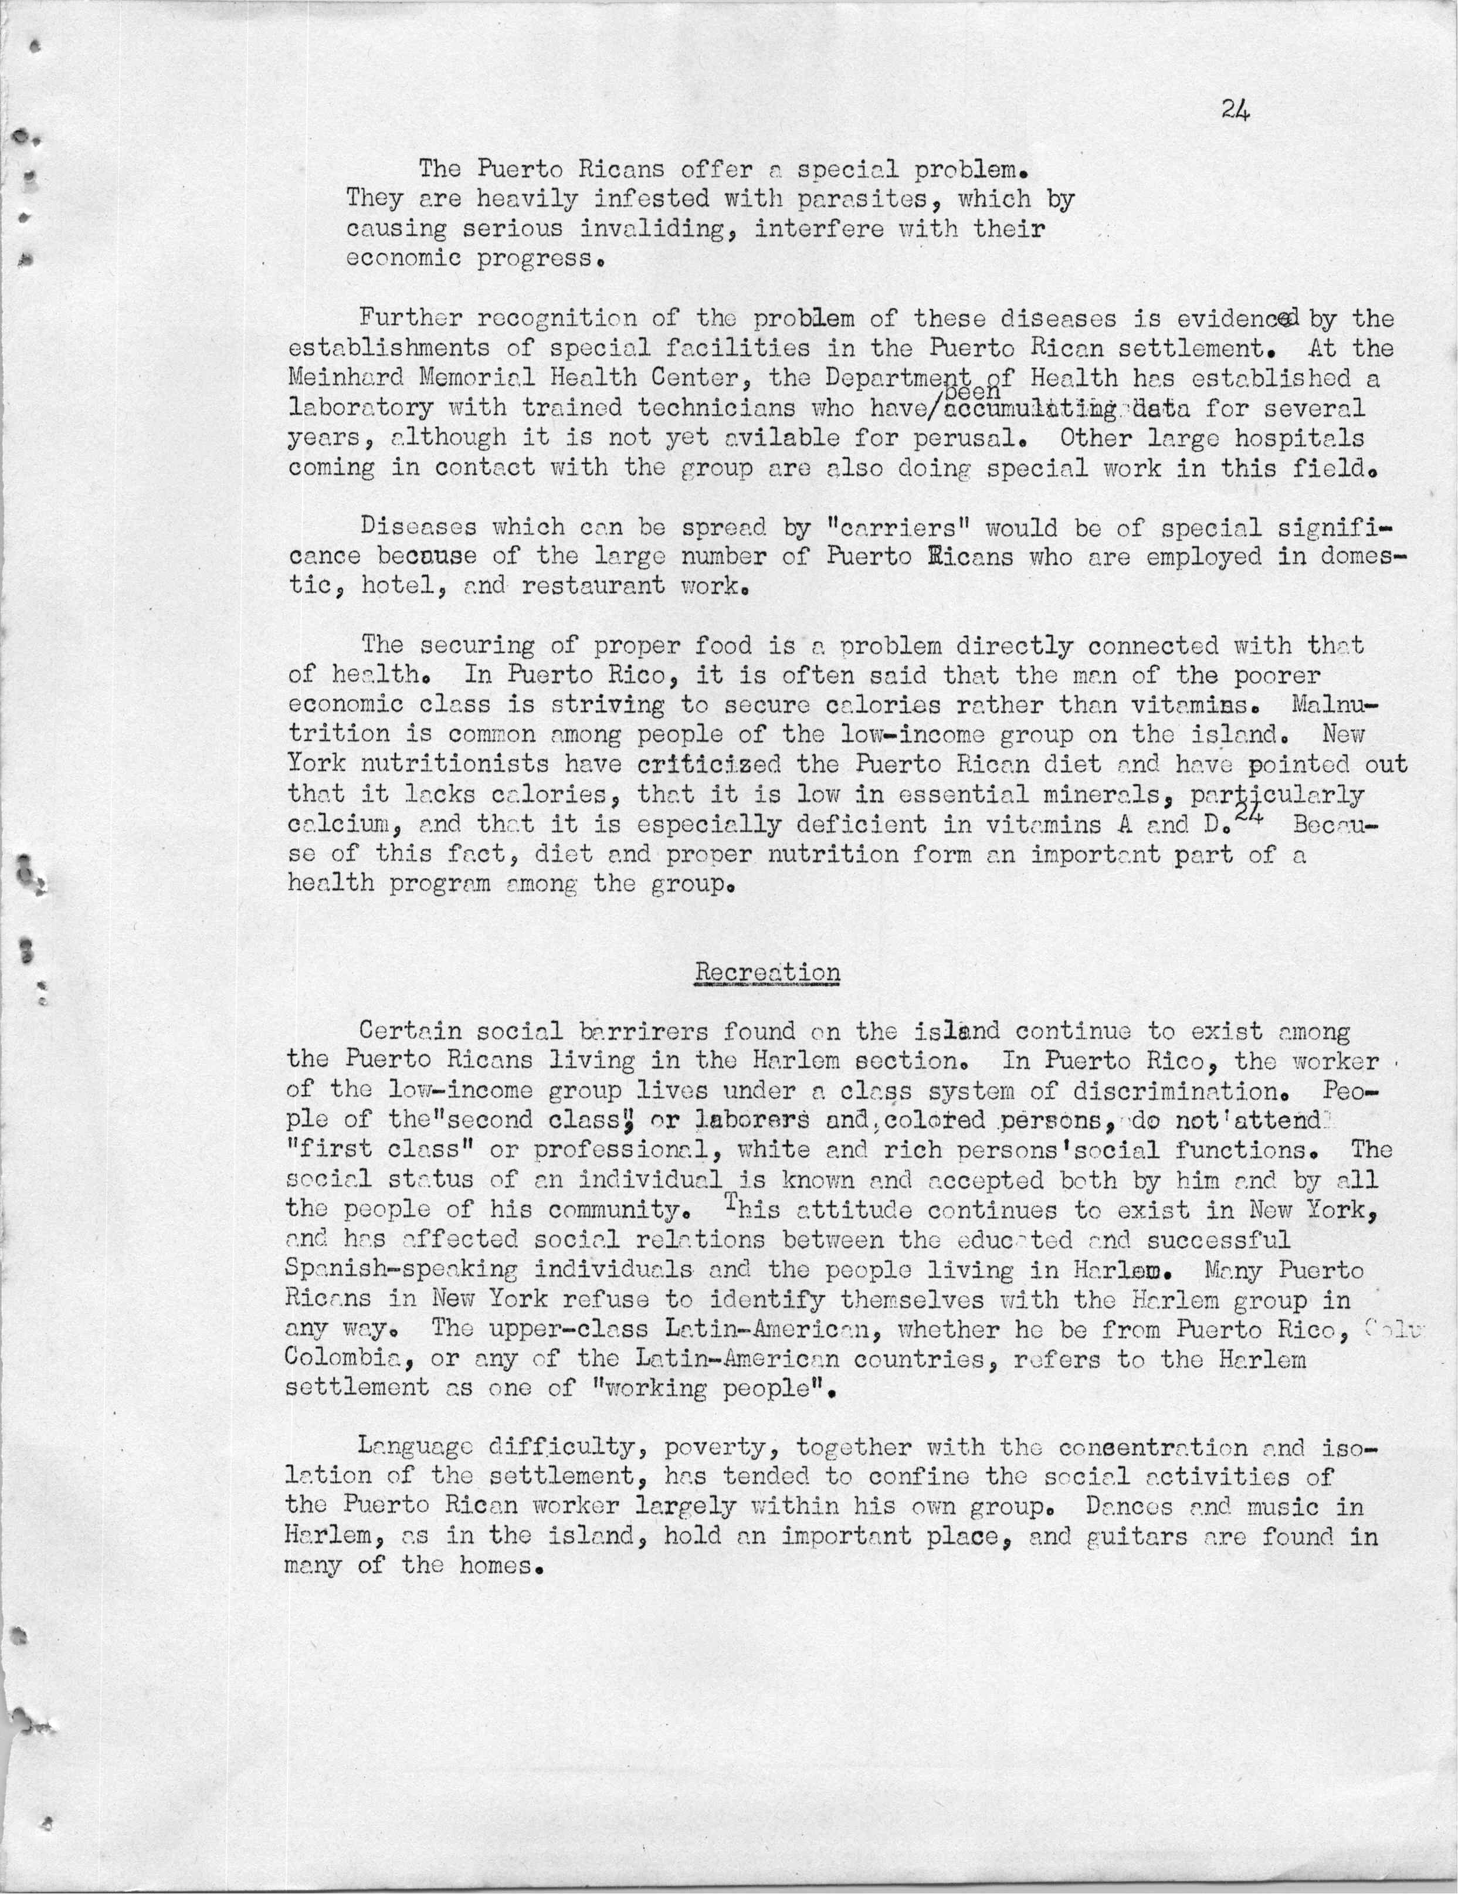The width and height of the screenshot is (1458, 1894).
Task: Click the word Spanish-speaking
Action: (x=401, y=1269)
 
